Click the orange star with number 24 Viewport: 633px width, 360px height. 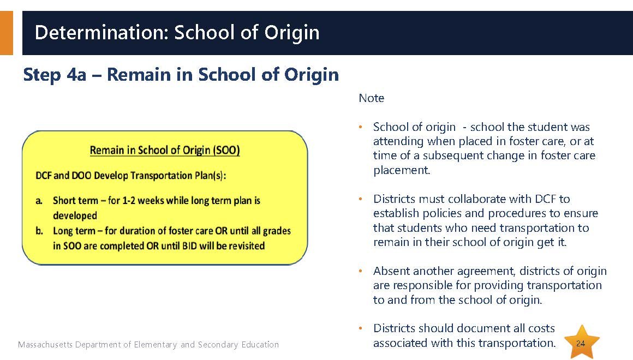pyautogui.click(x=581, y=343)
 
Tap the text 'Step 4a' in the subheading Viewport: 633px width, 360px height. pyautogui.click(x=55, y=75)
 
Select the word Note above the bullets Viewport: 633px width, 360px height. pyautogui.click(x=372, y=98)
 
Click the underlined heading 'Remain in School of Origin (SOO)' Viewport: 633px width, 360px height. pyautogui.click(x=165, y=150)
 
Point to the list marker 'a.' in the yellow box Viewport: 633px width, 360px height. pyautogui.click(x=39, y=201)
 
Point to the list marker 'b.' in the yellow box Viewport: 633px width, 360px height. pyautogui.click(x=39, y=231)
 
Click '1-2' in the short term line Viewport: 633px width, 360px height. pyautogui.click(x=130, y=200)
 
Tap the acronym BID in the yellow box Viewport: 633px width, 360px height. pyautogui.click(x=189, y=246)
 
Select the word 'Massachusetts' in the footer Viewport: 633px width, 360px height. pyautogui.click(x=45, y=345)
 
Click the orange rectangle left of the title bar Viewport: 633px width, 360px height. pyautogui.click(x=7, y=33)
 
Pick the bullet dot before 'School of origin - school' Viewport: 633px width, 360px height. pyautogui.click(x=361, y=128)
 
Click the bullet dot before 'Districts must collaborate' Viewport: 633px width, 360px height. pyautogui.click(x=361, y=200)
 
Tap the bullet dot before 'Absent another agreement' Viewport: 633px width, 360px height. pyautogui.click(x=361, y=271)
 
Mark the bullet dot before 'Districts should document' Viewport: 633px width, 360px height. pyautogui.click(x=361, y=328)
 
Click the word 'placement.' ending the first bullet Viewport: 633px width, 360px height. pyautogui.click(x=402, y=170)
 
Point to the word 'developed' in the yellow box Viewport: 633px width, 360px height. pyautogui.click(x=75, y=215)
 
